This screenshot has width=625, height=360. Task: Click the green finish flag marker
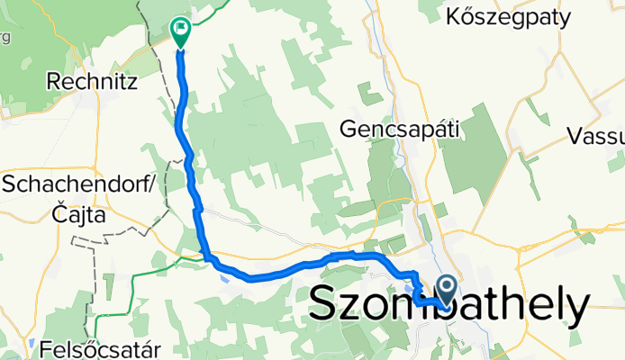[180, 31]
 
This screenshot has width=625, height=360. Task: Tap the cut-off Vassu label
[597, 137]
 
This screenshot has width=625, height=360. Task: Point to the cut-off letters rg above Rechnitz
[5, 37]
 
